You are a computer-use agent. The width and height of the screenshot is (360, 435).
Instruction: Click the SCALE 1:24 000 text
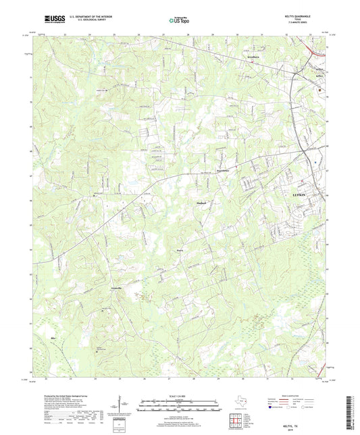click(180, 396)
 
